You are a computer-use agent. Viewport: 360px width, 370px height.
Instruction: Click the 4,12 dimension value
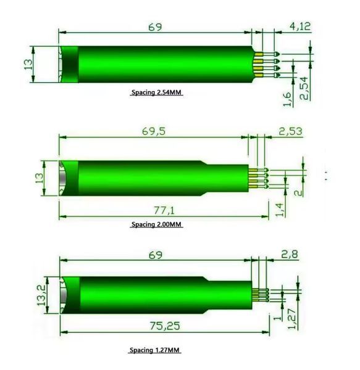(300, 26)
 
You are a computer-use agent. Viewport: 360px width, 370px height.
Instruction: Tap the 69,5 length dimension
(154, 131)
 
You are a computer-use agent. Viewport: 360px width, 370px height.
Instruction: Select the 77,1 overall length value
(164, 210)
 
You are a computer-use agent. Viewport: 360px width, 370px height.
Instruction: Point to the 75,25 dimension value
(165, 326)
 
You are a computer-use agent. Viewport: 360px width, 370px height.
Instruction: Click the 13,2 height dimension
(41, 295)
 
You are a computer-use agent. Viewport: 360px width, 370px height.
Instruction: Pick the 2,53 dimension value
(291, 131)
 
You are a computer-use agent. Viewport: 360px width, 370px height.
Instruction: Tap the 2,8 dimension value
(290, 254)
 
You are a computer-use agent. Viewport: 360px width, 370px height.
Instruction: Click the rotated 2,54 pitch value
(304, 88)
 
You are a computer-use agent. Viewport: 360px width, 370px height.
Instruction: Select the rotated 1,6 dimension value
(287, 99)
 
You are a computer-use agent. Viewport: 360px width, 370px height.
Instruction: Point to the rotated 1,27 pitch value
(292, 319)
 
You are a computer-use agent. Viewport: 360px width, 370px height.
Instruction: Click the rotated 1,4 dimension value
(280, 210)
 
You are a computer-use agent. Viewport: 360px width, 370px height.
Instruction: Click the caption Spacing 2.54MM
(156, 92)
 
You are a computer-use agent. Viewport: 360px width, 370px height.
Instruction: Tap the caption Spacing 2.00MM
(156, 224)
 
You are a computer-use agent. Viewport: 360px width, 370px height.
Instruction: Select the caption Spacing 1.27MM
(154, 350)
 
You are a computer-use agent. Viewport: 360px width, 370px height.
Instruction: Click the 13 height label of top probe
(28, 64)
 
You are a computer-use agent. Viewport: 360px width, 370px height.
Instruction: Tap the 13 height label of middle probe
(39, 178)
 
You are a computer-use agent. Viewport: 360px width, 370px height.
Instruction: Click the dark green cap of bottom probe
(70, 295)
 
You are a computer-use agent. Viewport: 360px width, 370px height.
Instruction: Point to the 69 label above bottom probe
(155, 255)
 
